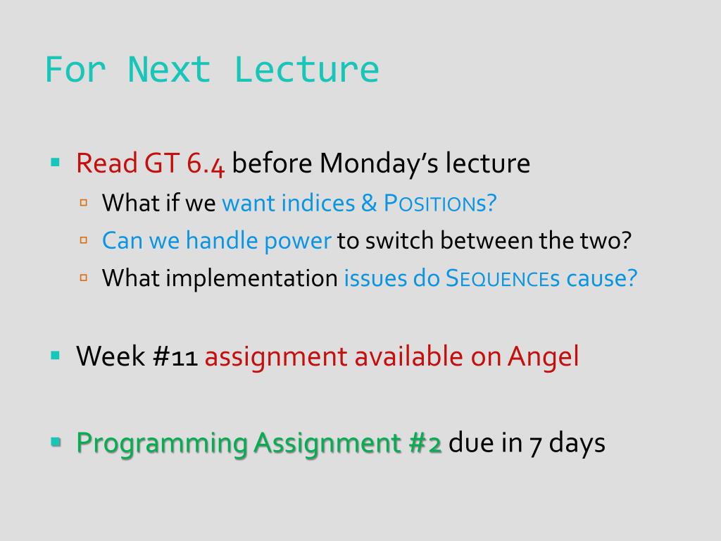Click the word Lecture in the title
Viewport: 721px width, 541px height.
(x=307, y=70)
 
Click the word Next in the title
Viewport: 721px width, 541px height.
(x=169, y=70)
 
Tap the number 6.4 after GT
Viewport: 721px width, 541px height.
(x=206, y=163)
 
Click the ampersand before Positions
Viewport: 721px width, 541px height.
(x=369, y=203)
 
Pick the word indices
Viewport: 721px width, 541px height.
(x=318, y=203)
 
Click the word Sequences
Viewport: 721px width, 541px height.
(x=503, y=278)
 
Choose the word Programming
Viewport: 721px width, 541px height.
(x=163, y=444)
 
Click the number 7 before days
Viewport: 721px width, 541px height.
(x=535, y=445)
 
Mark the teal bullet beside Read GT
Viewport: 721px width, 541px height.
(x=55, y=162)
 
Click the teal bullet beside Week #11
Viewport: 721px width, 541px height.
(x=55, y=355)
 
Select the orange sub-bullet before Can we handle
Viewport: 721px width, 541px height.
(x=84, y=240)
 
